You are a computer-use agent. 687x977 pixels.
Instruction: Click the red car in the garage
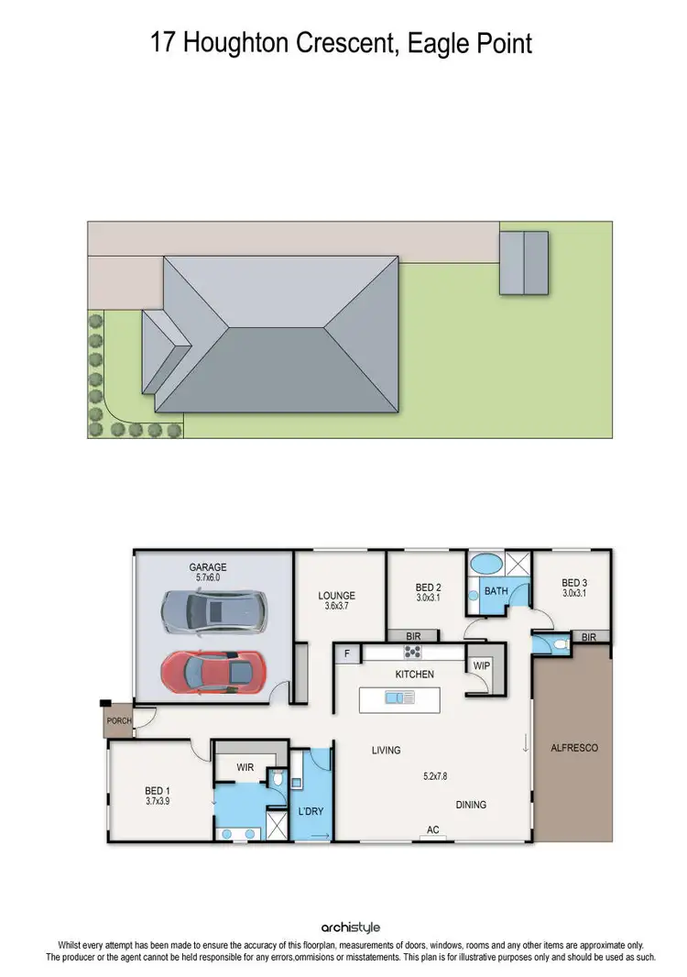tap(213, 672)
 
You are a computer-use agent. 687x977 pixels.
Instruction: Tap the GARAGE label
tap(207, 567)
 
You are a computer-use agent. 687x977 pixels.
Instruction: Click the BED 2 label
tap(429, 587)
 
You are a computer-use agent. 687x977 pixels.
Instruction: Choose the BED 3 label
tap(574, 582)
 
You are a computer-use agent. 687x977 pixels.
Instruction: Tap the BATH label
tap(496, 591)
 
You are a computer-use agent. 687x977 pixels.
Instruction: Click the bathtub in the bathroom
tap(485, 563)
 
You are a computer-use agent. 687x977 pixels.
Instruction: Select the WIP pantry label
tap(480, 665)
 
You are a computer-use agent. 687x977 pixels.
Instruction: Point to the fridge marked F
tap(347, 653)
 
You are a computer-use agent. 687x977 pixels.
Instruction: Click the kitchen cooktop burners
tap(413, 653)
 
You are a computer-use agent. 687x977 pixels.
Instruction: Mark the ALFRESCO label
tap(573, 748)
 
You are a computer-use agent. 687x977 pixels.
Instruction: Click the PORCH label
tap(119, 720)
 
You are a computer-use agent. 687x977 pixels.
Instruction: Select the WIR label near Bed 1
tap(245, 766)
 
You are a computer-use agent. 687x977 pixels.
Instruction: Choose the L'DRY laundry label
tap(311, 811)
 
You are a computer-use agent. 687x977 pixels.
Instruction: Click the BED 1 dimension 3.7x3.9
tap(157, 801)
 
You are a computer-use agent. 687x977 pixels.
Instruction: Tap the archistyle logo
tap(343, 927)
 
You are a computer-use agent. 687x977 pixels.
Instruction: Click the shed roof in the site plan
tap(524, 262)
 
